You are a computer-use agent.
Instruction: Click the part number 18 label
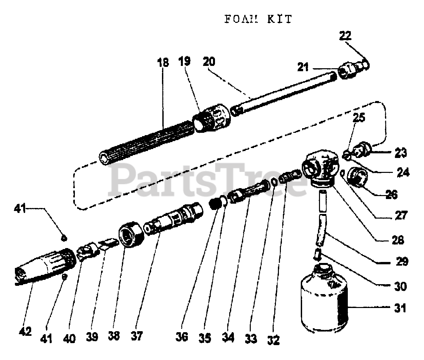[163, 63]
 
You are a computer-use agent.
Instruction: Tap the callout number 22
[345, 36]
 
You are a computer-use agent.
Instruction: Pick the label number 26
[391, 194]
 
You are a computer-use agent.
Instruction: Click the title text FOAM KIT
[258, 19]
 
